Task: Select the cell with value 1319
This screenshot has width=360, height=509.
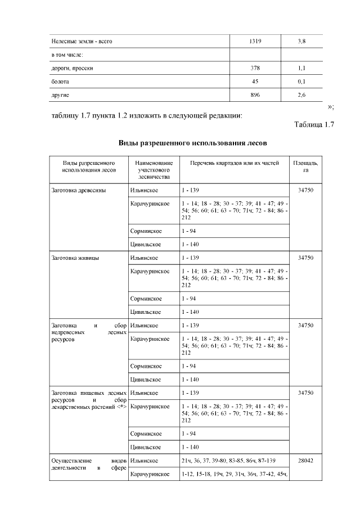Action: tap(255, 41)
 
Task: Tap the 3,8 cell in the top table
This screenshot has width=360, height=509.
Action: tap(301, 41)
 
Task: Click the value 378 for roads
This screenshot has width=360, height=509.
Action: tap(255, 67)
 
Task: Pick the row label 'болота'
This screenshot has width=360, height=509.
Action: tap(61, 81)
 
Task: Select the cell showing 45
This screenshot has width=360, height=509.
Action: tap(255, 81)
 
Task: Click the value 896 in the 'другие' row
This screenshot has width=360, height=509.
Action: tap(255, 94)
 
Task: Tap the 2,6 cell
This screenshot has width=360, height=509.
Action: tap(301, 94)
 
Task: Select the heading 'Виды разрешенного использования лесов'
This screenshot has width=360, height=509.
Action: tap(192, 142)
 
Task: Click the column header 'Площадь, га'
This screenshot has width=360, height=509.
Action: tap(305, 166)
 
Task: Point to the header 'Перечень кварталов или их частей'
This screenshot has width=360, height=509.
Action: tap(234, 163)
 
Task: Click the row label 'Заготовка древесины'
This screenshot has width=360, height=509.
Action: tap(78, 190)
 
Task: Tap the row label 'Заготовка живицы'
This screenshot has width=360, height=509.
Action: tap(75, 258)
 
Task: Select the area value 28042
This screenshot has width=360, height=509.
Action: tap(305, 461)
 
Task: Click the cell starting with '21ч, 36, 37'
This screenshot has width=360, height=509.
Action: tap(234, 461)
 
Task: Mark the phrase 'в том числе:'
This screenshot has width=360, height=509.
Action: tap(67, 55)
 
